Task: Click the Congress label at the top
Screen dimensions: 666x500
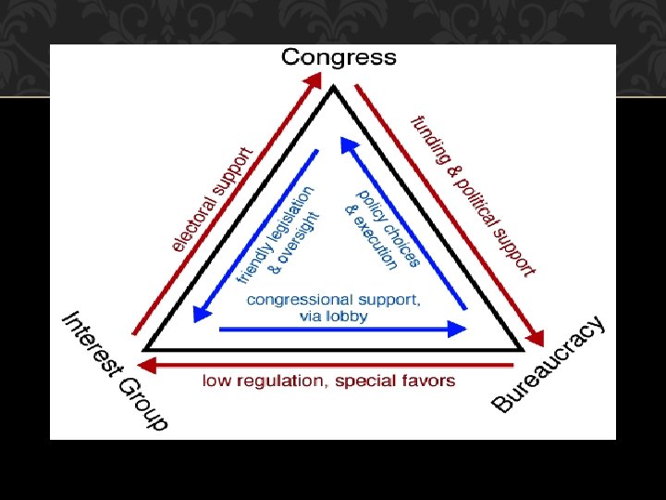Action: (339, 57)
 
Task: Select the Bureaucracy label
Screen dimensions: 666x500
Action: (550, 364)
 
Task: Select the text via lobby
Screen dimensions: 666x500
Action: (334, 316)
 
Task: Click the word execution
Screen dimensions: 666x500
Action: (376, 247)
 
